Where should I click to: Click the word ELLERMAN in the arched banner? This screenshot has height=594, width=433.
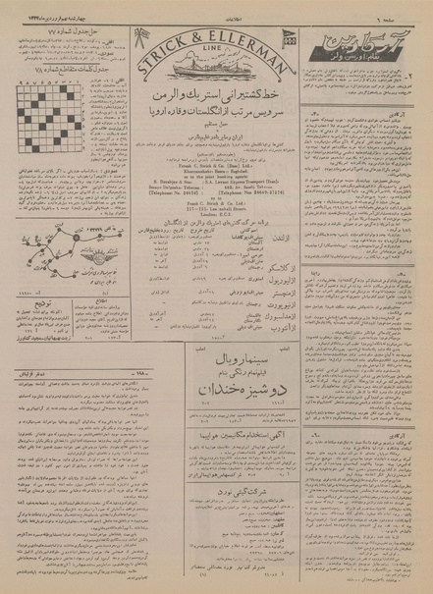point(246,55)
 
